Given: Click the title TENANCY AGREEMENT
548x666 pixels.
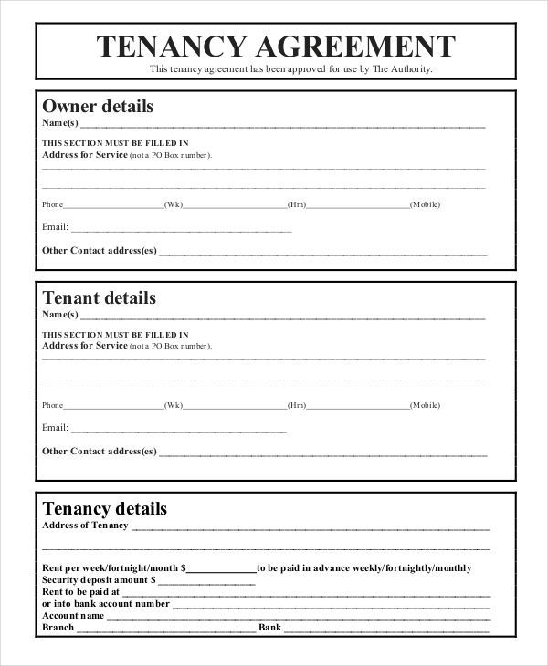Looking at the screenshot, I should [276, 45].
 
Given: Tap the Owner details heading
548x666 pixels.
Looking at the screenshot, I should [98, 107].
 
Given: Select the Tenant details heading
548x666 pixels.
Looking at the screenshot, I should [100, 297].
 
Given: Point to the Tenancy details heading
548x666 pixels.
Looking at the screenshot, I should [105, 508].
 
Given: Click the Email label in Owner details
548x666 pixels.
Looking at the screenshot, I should [55, 227].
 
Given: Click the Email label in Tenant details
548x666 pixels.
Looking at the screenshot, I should [55, 427].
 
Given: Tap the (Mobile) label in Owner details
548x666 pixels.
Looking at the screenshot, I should [426, 204].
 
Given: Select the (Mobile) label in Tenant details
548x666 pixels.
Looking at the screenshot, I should [426, 404].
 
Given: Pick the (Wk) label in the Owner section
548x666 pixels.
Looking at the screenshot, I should [174, 204].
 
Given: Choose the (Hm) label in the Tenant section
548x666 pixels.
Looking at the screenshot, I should [297, 404].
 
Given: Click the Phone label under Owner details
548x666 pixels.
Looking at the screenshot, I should [53, 204].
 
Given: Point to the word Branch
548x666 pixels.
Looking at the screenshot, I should [58, 628].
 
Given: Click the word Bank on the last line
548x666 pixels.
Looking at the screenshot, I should [270, 628].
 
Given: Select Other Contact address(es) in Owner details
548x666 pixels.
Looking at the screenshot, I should [100, 250].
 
